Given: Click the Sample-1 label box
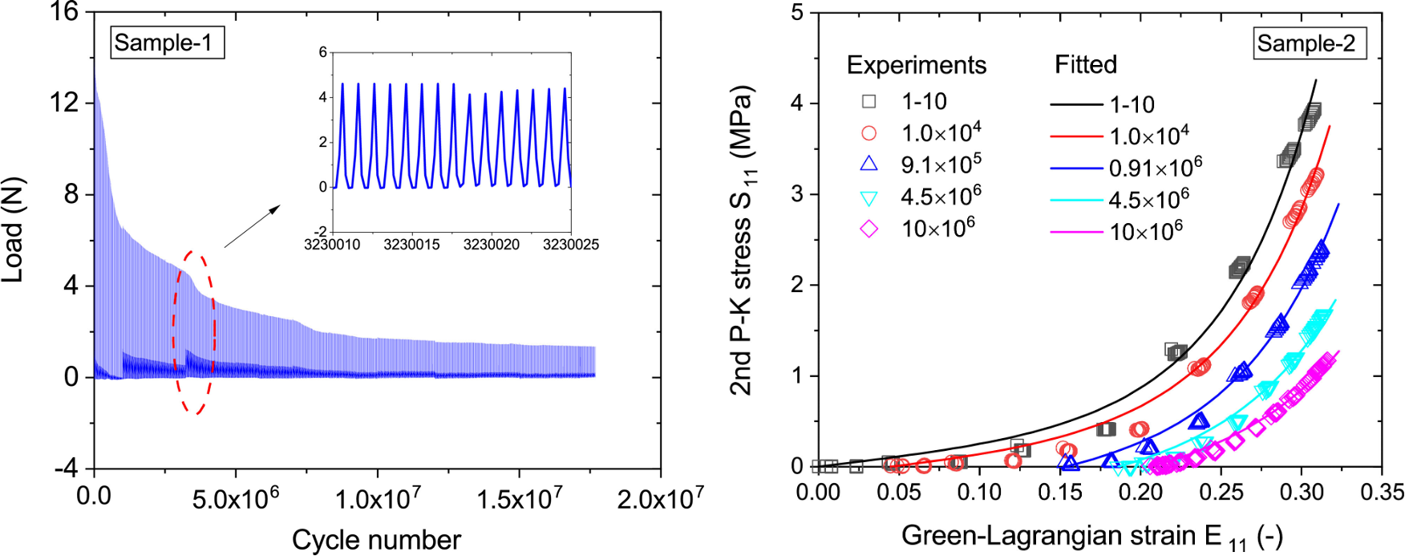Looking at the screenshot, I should pyautogui.click(x=166, y=43).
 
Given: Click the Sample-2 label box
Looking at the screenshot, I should pyautogui.click(x=1309, y=43).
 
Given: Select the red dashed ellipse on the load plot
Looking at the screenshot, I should pyautogui.click(x=194, y=332).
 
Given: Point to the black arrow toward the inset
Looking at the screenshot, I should pyautogui.click(x=252, y=225).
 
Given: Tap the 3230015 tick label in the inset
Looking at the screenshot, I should pyautogui.click(x=411, y=245).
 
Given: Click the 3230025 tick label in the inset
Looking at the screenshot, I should pyautogui.click(x=570, y=245).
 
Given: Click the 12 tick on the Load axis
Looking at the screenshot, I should pyautogui.click(x=70, y=103).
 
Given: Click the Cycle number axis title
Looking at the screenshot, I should pyautogui.click(x=376, y=540).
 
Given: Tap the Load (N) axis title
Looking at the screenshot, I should pyautogui.click(x=14, y=229).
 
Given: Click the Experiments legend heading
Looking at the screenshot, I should pyautogui.click(x=917, y=65).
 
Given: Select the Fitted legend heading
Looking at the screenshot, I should pyautogui.click(x=1085, y=64).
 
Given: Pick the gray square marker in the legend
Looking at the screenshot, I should pyautogui.click(x=869, y=102).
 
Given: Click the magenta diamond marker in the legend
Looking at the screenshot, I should pyautogui.click(x=869, y=229).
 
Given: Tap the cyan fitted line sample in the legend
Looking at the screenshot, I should pyautogui.click(x=1076, y=201).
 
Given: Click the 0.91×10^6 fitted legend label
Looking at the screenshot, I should pyautogui.click(x=1155, y=168).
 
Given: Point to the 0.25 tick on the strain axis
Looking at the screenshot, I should pyautogui.click(x=1221, y=492).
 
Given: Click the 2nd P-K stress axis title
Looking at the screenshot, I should pyautogui.click(x=743, y=241).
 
